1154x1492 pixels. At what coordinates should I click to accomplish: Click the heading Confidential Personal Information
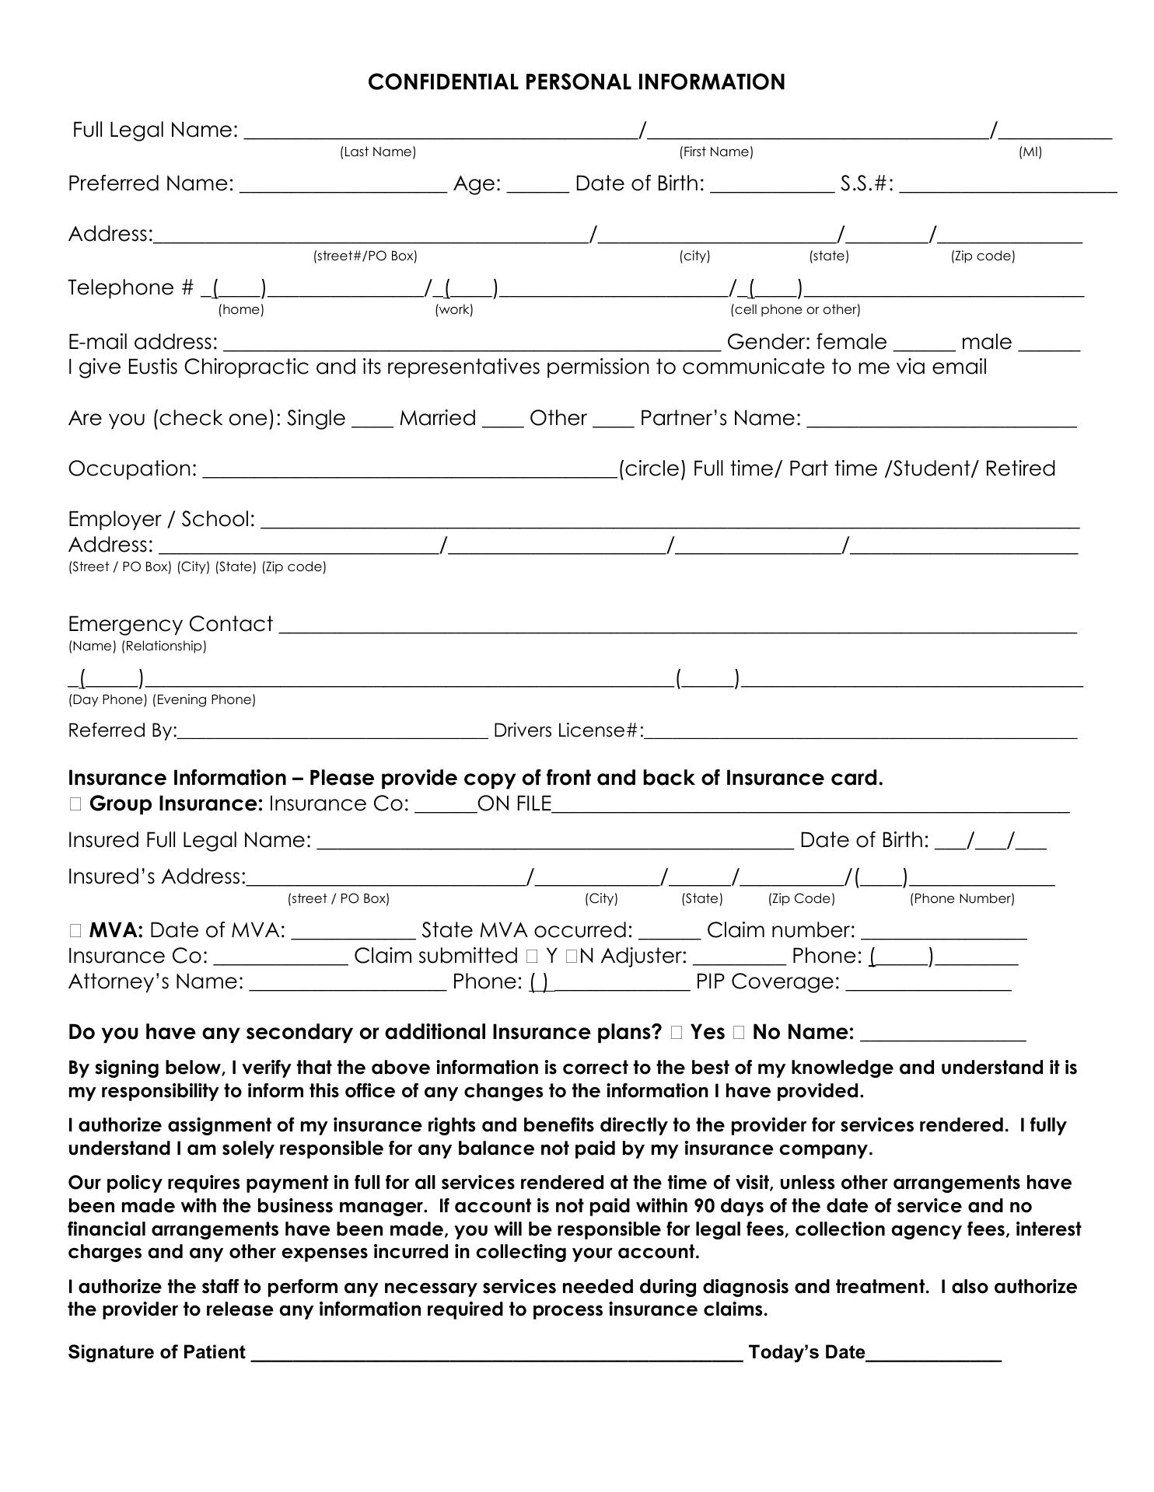[x=576, y=82]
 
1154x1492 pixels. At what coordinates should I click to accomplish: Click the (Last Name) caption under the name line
[x=378, y=152]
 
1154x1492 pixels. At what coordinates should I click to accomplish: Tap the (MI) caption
[x=1030, y=152]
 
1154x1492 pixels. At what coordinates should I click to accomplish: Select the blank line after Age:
[x=538, y=186]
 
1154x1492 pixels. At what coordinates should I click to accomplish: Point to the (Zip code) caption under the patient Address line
[x=982, y=256]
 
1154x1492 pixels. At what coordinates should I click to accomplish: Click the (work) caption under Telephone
[x=454, y=310]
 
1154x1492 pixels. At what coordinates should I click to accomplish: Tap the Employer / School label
[x=162, y=519]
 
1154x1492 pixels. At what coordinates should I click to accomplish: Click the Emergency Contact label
[x=170, y=624]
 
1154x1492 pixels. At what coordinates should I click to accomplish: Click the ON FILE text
[x=514, y=804]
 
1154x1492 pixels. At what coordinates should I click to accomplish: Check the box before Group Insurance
[x=75, y=804]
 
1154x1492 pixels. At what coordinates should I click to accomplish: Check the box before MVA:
[x=75, y=930]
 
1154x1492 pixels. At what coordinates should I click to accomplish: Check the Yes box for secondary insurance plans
[x=676, y=1033]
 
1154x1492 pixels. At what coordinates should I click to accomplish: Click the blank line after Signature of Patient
[x=498, y=1353]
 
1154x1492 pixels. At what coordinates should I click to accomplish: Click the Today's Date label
[x=806, y=1353]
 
